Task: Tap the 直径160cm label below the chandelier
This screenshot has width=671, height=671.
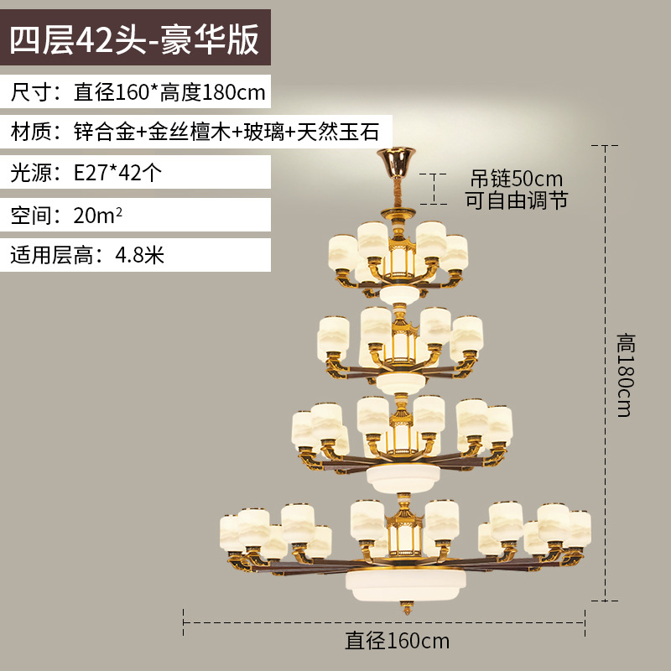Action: point(398,642)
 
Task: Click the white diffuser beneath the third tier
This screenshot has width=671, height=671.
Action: point(403,477)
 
